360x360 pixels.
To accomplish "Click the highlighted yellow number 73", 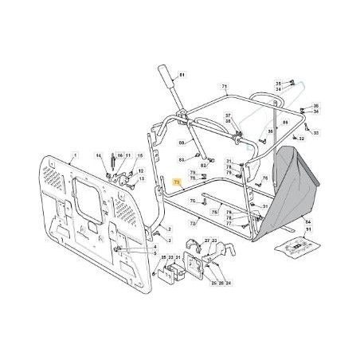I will pyautogui.click(x=176, y=182).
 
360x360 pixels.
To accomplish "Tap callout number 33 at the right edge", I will pyautogui.click(x=316, y=133).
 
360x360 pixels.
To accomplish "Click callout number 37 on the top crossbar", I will pyautogui.click(x=227, y=115).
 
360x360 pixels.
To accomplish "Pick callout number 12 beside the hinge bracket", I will pyautogui.click(x=142, y=171).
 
